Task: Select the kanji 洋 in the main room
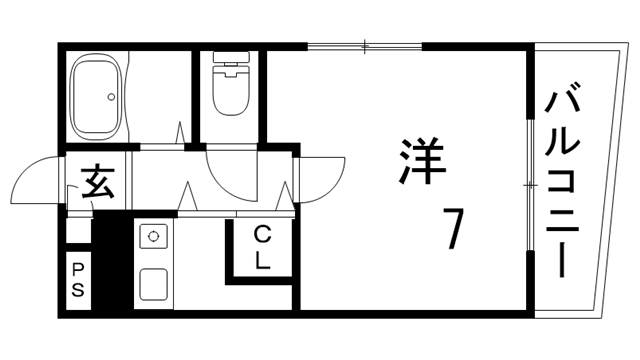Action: coord(420,162)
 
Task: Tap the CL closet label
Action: coord(263,249)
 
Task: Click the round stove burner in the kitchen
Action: coord(155,237)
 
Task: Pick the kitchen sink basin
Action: coord(155,285)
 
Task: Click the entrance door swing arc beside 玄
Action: coord(38,180)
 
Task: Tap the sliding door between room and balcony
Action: coord(530,185)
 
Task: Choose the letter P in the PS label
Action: coord(78,271)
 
